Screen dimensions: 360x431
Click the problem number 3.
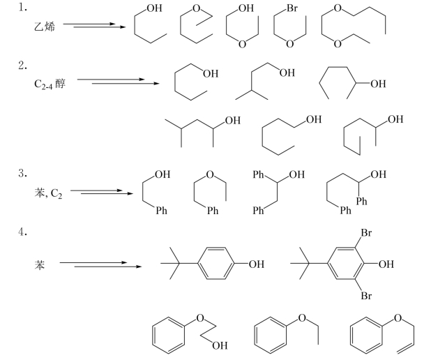pyautogui.click(x=24, y=171)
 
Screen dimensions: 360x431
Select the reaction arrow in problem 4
pyautogui.click(x=101, y=264)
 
